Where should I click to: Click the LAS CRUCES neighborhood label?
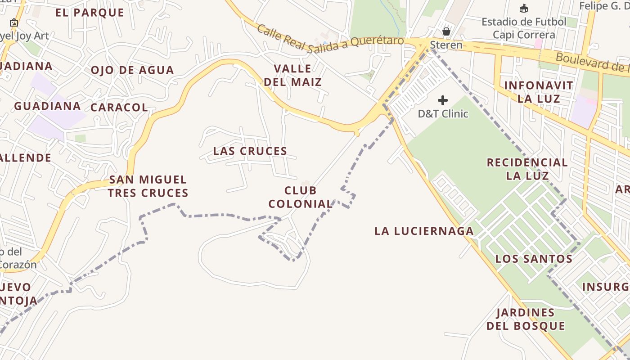click(x=250, y=151)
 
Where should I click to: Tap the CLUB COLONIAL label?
click(x=300, y=197)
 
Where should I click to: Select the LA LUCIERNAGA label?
click(x=424, y=231)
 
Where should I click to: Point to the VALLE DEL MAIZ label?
click(x=293, y=75)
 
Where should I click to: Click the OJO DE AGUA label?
click(x=132, y=70)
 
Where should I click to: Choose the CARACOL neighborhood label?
click(x=119, y=108)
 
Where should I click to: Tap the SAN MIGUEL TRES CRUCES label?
click(x=148, y=186)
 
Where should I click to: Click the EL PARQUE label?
click(x=90, y=13)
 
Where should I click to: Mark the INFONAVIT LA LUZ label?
click(x=538, y=92)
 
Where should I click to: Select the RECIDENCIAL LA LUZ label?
click(x=527, y=169)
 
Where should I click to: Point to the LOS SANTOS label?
click(x=534, y=259)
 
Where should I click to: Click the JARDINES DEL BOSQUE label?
click(x=526, y=319)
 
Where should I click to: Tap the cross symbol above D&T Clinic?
click(x=443, y=100)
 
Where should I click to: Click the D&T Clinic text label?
click(x=443, y=114)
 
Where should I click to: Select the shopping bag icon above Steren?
click(x=446, y=31)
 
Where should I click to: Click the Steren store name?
click(x=446, y=45)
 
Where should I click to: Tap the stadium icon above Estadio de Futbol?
click(x=523, y=8)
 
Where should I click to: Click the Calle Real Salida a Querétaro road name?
click(x=330, y=40)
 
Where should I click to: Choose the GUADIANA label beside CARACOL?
click(x=47, y=106)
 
